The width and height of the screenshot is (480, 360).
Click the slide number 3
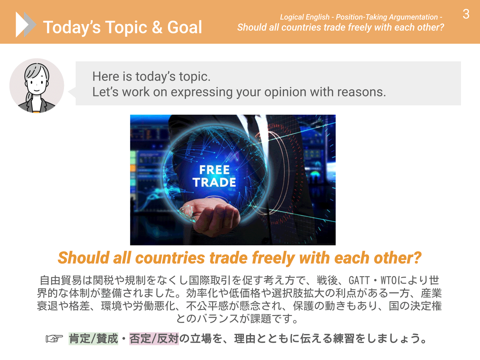(466, 14)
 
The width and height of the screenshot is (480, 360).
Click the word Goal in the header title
(184, 27)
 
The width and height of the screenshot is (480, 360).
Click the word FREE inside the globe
(214, 170)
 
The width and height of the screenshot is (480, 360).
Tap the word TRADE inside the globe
(214, 182)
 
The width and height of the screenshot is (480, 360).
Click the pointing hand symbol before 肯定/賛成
(54, 339)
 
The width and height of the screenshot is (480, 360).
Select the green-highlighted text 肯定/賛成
(93, 339)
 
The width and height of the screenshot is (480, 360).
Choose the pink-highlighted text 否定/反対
(154, 339)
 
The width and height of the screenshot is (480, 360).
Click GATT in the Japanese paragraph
(359, 280)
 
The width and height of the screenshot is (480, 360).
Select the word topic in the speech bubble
(195, 77)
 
